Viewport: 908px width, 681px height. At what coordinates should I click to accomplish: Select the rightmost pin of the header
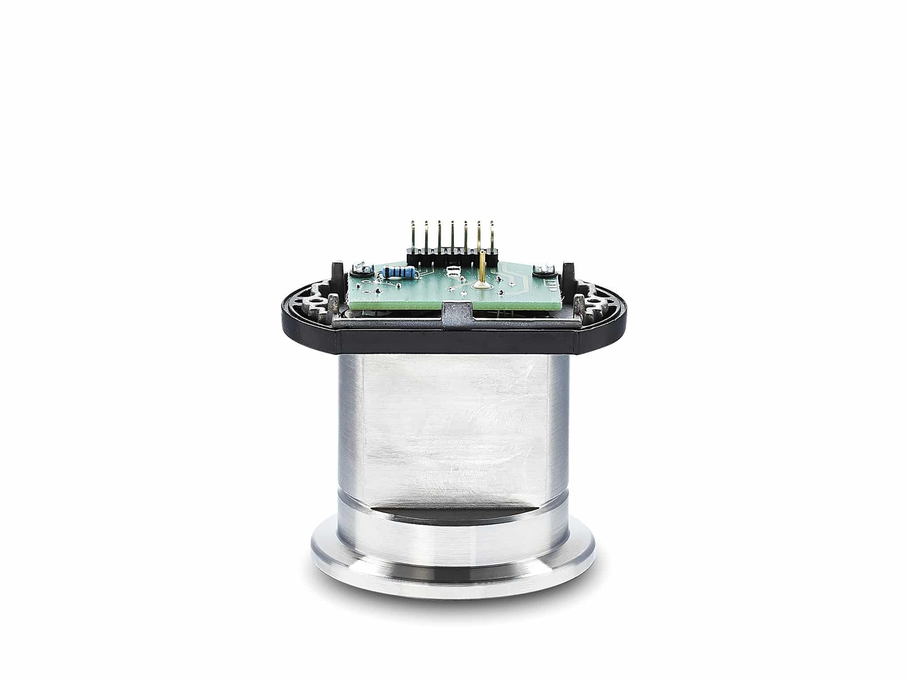point(491,237)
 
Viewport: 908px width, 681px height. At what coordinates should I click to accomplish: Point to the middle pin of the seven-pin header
point(452,237)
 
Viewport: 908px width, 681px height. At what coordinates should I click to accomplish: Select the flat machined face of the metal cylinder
point(454,426)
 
